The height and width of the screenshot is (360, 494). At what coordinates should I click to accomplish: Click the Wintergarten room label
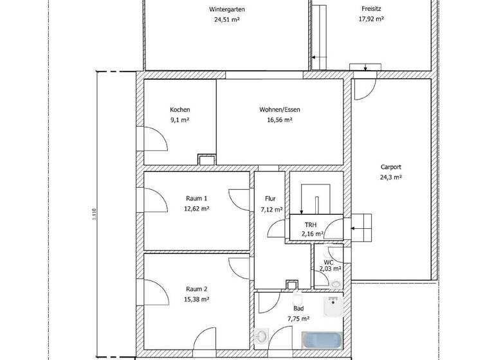click(x=226, y=10)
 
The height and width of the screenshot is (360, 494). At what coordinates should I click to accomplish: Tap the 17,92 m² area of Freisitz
click(x=371, y=19)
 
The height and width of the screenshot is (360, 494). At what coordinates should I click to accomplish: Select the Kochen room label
click(x=179, y=110)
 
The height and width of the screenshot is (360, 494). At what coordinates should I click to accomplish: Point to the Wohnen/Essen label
click(x=280, y=110)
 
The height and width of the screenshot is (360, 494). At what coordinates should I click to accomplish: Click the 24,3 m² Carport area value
click(x=391, y=177)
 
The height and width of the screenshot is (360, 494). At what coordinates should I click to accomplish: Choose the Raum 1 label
click(x=196, y=199)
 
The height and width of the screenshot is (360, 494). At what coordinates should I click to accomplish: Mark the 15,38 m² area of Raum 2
click(x=196, y=300)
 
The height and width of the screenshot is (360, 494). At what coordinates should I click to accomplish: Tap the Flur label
click(x=270, y=199)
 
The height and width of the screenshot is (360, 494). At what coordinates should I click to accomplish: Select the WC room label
click(x=328, y=262)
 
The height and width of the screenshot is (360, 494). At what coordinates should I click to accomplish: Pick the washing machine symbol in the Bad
click(x=262, y=337)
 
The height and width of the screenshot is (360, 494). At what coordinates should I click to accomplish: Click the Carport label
click(x=391, y=166)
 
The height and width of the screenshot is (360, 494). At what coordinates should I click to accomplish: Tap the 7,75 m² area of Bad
click(x=297, y=318)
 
